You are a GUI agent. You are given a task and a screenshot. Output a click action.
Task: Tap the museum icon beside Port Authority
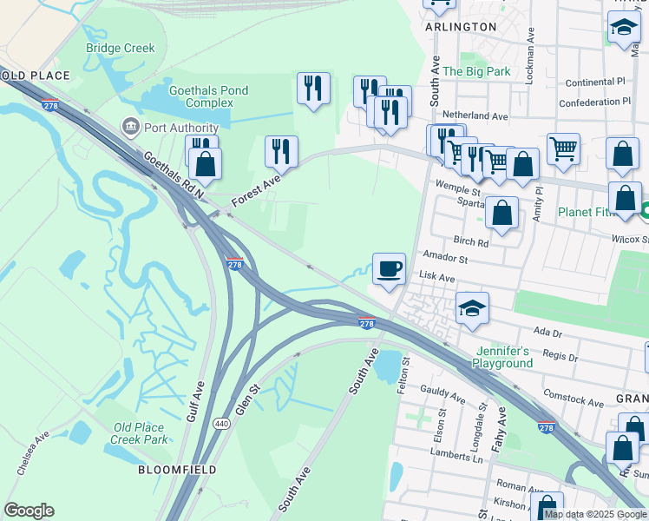tap(131, 128)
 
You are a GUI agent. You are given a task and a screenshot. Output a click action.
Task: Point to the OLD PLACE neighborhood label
tap(36, 76)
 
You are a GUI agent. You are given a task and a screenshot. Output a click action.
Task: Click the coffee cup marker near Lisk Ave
tap(389, 268)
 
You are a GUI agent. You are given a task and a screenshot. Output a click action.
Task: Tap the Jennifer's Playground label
tap(503, 357)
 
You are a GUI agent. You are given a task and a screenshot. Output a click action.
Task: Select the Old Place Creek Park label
tap(140, 433)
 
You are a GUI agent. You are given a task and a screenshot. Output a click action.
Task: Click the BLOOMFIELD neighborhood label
tap(172, 470)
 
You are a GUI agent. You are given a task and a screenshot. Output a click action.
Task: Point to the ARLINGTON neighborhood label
tap(461, 27)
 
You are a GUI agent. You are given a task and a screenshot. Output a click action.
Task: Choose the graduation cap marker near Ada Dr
tap(472, 308)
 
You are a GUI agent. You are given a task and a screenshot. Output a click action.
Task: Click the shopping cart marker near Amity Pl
tap(563, 149)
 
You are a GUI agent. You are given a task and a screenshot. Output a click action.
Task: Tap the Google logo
tap(29, 511)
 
